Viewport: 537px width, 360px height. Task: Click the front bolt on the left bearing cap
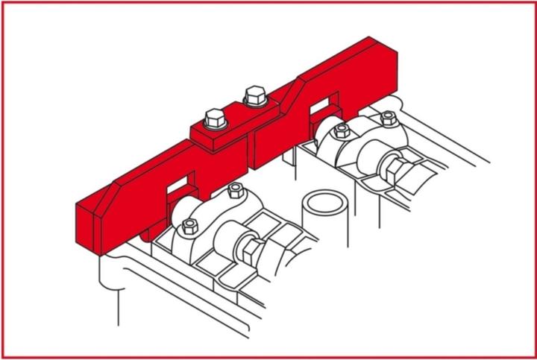pos(189,227)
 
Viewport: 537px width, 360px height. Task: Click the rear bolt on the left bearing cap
pos(236,192)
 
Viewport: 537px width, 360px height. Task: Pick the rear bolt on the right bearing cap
pos(388,118)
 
